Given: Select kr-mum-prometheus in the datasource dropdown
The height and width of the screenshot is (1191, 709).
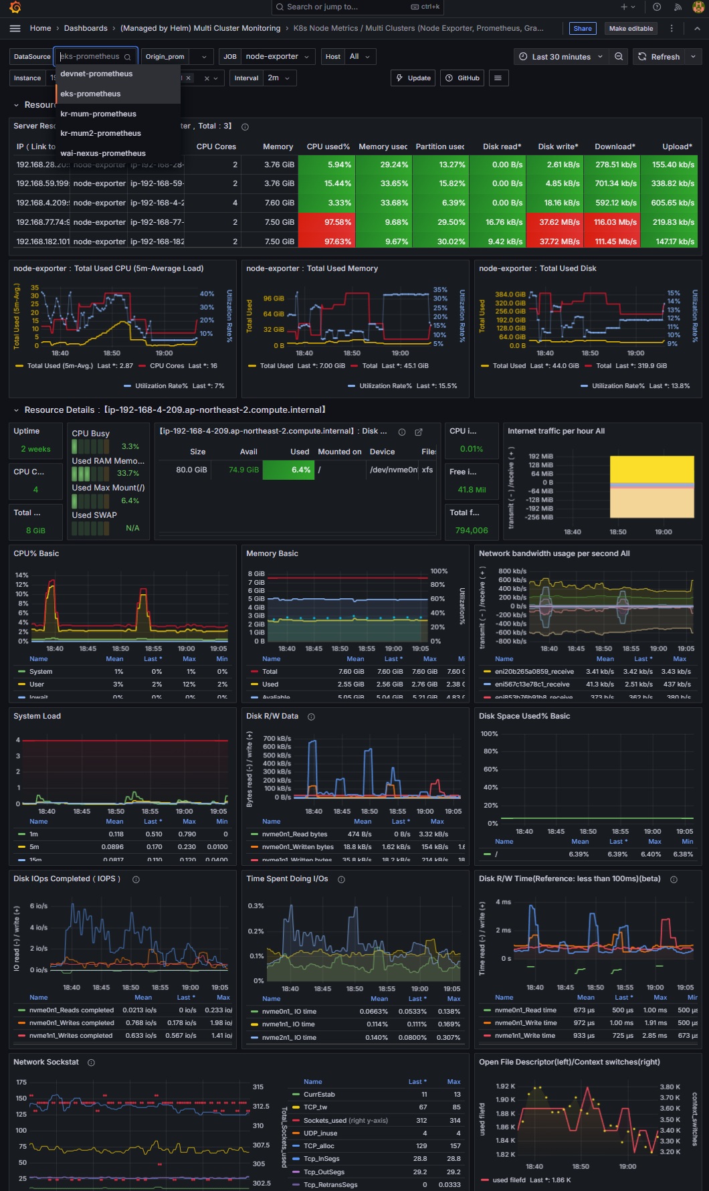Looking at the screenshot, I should click(98, 114).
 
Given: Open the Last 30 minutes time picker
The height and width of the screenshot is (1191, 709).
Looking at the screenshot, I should click(561, 57).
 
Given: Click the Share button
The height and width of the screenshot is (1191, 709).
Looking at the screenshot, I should click(583, 28).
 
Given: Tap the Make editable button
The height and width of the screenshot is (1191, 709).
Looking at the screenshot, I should click(631, 28).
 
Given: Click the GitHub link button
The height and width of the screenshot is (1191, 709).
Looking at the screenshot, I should click(462, 78).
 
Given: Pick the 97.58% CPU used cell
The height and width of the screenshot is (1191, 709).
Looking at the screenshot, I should click(326, 222).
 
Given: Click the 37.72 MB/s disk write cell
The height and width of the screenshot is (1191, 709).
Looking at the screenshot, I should click(555, 242).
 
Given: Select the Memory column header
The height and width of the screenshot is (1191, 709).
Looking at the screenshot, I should click(278, 147).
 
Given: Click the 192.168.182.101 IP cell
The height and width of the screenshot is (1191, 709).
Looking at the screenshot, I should click(42, 242).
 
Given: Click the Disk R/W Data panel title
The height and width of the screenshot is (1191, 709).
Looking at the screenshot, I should click(272, 716).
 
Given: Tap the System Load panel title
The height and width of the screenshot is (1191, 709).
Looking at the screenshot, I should click(37, 716).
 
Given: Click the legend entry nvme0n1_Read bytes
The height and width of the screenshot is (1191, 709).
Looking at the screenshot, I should click(294, 834).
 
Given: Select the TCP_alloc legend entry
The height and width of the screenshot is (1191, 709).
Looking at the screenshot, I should click(318, 1146).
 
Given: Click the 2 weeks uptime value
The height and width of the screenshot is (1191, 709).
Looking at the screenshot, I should click(35, 449).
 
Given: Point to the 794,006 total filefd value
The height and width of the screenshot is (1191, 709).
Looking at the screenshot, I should click(472, 531).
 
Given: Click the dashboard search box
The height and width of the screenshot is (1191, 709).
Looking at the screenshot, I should click(357, 7).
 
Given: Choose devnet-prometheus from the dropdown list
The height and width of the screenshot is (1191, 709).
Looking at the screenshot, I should click(96, 74).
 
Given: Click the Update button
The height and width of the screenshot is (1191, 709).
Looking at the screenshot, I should click(413, 78).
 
